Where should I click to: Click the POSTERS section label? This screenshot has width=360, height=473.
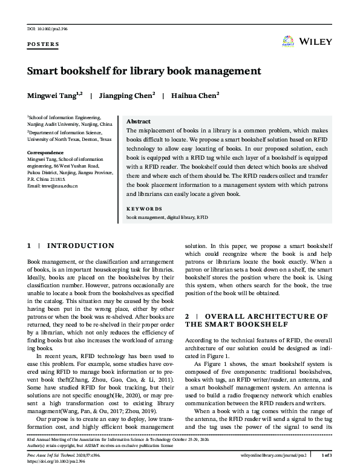tap(43, 44)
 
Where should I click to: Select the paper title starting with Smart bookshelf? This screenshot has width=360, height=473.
tap(144, 71)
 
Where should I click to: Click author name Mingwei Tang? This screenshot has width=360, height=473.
tap(53, 95)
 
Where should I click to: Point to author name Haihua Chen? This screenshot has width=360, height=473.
tap(195, 95)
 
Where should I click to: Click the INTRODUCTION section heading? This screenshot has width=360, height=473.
tap(80, 246)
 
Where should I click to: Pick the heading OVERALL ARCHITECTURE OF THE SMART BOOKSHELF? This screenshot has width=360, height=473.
tap(257, 320)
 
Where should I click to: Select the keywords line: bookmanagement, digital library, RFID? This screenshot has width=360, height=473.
tap(166, 215)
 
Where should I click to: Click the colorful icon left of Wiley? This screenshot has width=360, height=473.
tap(288, 42)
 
